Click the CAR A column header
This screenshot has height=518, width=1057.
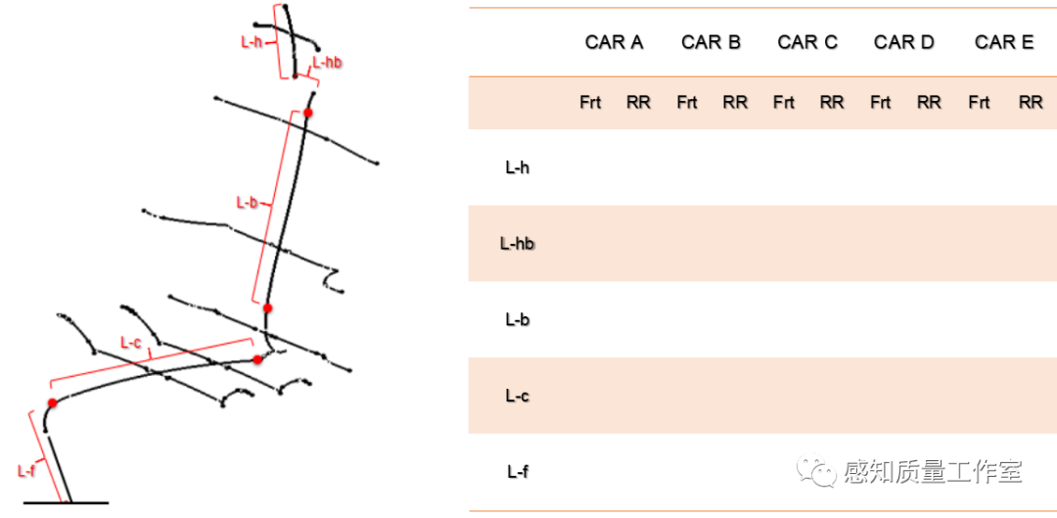614,42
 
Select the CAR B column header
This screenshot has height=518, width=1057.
711,42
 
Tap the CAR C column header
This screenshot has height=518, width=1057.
807,42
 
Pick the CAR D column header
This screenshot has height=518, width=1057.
904,42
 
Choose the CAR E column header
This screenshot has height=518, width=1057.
1004,42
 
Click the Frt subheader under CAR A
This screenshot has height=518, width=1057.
590,102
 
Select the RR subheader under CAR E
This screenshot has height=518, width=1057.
1031,102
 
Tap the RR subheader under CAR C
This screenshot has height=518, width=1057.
832,102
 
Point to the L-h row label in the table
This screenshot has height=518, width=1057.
518,167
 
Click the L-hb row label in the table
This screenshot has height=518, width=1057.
518,243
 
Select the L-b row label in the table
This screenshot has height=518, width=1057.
518,319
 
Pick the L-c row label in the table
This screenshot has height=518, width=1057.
518,396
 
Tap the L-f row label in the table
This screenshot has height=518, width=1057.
518,471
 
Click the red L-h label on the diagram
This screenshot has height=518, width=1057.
252,41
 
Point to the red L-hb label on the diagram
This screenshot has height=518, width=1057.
327,63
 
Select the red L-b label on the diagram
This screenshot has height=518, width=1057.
247,203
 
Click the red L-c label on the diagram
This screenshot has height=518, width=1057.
130,342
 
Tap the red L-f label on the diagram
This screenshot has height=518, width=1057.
27,470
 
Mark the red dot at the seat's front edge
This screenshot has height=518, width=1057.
52,402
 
